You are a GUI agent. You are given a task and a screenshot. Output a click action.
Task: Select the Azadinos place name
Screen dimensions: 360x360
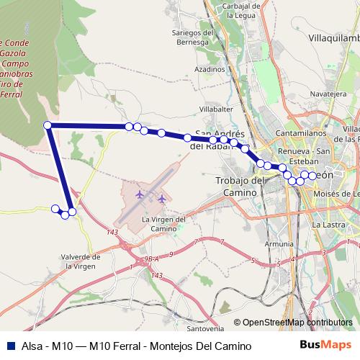[x=210, y=69]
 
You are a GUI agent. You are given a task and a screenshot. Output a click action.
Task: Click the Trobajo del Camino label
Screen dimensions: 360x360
[x=237, y=187]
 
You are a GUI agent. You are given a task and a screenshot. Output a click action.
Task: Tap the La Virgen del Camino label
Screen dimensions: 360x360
[x=164, y=223]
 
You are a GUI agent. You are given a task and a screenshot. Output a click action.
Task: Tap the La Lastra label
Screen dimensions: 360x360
[x=325, y=225]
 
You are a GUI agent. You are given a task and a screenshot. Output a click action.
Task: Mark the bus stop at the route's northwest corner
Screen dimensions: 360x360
[x=48, y=125]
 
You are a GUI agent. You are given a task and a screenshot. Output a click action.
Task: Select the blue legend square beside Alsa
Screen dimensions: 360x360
[x=9, y=346]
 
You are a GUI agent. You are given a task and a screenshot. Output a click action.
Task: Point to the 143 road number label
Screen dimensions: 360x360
[x=111, y=231]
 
